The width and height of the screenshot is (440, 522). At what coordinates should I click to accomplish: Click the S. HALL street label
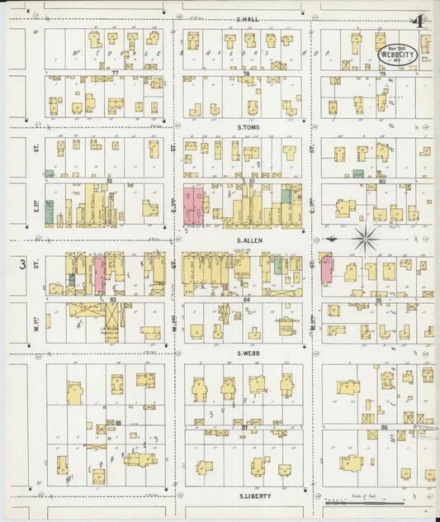tap(248, 18)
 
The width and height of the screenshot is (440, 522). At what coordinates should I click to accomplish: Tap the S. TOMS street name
tap(249, 127)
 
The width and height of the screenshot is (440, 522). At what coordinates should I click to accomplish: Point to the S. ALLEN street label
tap(249, 237)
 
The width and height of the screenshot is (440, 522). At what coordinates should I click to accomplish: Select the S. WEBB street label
tap(249, 354)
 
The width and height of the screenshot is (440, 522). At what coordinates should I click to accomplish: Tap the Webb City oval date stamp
tap(396, 55)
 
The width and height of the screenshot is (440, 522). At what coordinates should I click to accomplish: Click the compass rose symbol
tap(364, 240)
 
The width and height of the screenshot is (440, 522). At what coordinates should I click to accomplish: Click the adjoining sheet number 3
tap(21, 264)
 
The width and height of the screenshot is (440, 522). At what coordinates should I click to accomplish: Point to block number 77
tap(116, 74)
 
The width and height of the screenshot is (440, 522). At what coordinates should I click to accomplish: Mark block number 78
tap(246, 74)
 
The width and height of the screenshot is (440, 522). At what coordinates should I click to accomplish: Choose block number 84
tap(246, 299)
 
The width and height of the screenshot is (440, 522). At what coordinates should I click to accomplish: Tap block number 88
tap(119, 423)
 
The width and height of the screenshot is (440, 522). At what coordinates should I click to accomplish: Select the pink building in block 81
tap(193, 206)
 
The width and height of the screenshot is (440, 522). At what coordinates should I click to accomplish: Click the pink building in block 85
tap(326, 270)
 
